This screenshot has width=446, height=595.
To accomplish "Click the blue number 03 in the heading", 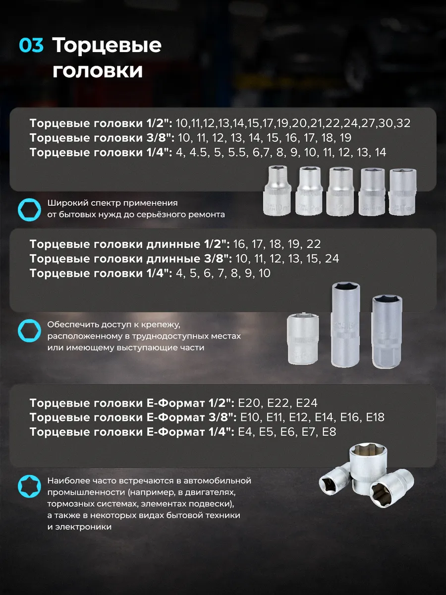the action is point(31,45).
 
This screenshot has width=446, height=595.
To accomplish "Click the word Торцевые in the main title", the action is point(107,45).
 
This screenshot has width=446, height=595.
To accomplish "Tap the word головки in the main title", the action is point(98,71).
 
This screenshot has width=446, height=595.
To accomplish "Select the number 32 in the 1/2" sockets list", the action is point(403,123).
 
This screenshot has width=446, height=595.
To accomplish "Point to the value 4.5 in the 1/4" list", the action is point(198,152).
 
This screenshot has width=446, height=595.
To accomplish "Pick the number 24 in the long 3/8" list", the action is point(332,259).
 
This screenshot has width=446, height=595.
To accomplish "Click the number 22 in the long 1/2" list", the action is point(314,244).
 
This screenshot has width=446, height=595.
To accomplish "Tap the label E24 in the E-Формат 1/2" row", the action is point(307,403).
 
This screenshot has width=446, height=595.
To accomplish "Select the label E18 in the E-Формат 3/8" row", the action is point(375,417).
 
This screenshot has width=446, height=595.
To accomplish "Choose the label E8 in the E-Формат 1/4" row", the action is point(329,432).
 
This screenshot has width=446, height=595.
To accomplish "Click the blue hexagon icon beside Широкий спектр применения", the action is point(30,210).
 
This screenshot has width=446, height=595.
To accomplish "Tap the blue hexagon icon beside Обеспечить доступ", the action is point(30,330).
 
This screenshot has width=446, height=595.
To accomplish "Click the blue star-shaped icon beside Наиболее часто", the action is point(30,486).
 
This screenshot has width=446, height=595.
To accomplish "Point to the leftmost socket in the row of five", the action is point(278,191).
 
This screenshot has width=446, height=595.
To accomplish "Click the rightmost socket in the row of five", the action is point(402,192).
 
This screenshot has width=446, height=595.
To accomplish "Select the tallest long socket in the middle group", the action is point(345,325).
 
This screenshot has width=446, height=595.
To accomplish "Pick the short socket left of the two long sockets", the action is point(303,339).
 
